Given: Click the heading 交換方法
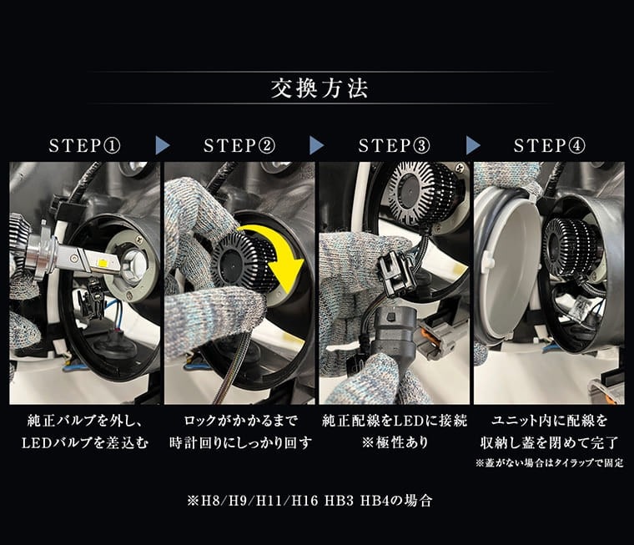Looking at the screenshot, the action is (x=320, y=88).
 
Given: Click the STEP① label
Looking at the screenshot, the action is (x=84, y=146).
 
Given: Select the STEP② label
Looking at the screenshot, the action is (x=239, y=146).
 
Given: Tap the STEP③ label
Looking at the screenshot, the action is (x=395, y=146).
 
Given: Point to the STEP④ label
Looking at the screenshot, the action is (x=549, y=146).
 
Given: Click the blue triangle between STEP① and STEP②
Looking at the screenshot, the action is (x=162, y=145).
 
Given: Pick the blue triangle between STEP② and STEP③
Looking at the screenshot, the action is (x=317, y=145).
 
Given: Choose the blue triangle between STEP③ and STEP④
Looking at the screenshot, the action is (x=473, y=145).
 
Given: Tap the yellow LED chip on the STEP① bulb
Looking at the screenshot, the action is (x=105, y=264).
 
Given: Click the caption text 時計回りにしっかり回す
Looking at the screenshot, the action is (x=240, y=443).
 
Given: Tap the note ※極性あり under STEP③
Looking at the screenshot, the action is (x=395, y=442).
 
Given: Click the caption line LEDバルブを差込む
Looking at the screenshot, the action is (x=85, y=443).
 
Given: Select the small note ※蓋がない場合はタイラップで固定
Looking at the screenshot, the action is (x=549, y=463).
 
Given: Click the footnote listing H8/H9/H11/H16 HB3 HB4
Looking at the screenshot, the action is (x=310, y=501).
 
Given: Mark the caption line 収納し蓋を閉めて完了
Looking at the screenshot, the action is (x=549, y=443).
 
